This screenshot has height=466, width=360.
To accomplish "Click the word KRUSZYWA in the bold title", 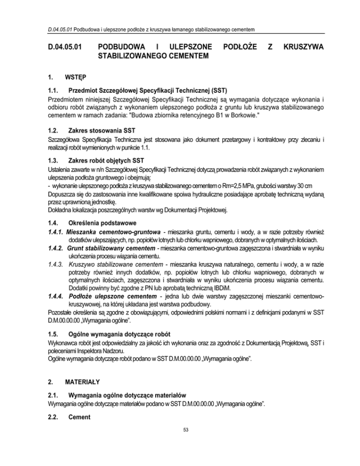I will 303,47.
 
